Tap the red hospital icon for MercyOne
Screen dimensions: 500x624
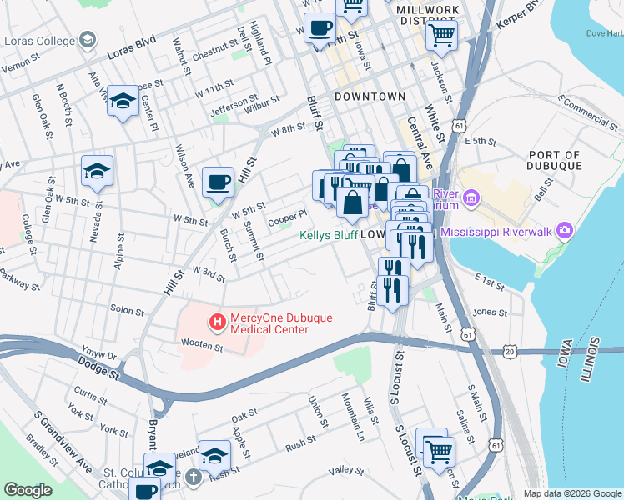[x=218, y=321]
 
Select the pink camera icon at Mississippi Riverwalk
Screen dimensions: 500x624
[x=565, y=230]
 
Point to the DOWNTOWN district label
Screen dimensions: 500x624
[x=370, y=97]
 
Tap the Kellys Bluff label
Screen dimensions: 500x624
[x=329, y=235]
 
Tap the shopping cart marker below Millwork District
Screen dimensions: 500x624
[x=441, y=35]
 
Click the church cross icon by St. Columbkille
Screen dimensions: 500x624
[x=194, y=477]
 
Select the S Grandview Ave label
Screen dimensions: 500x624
[x=52, y=437]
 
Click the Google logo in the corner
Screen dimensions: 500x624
[x=28, y=490]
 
